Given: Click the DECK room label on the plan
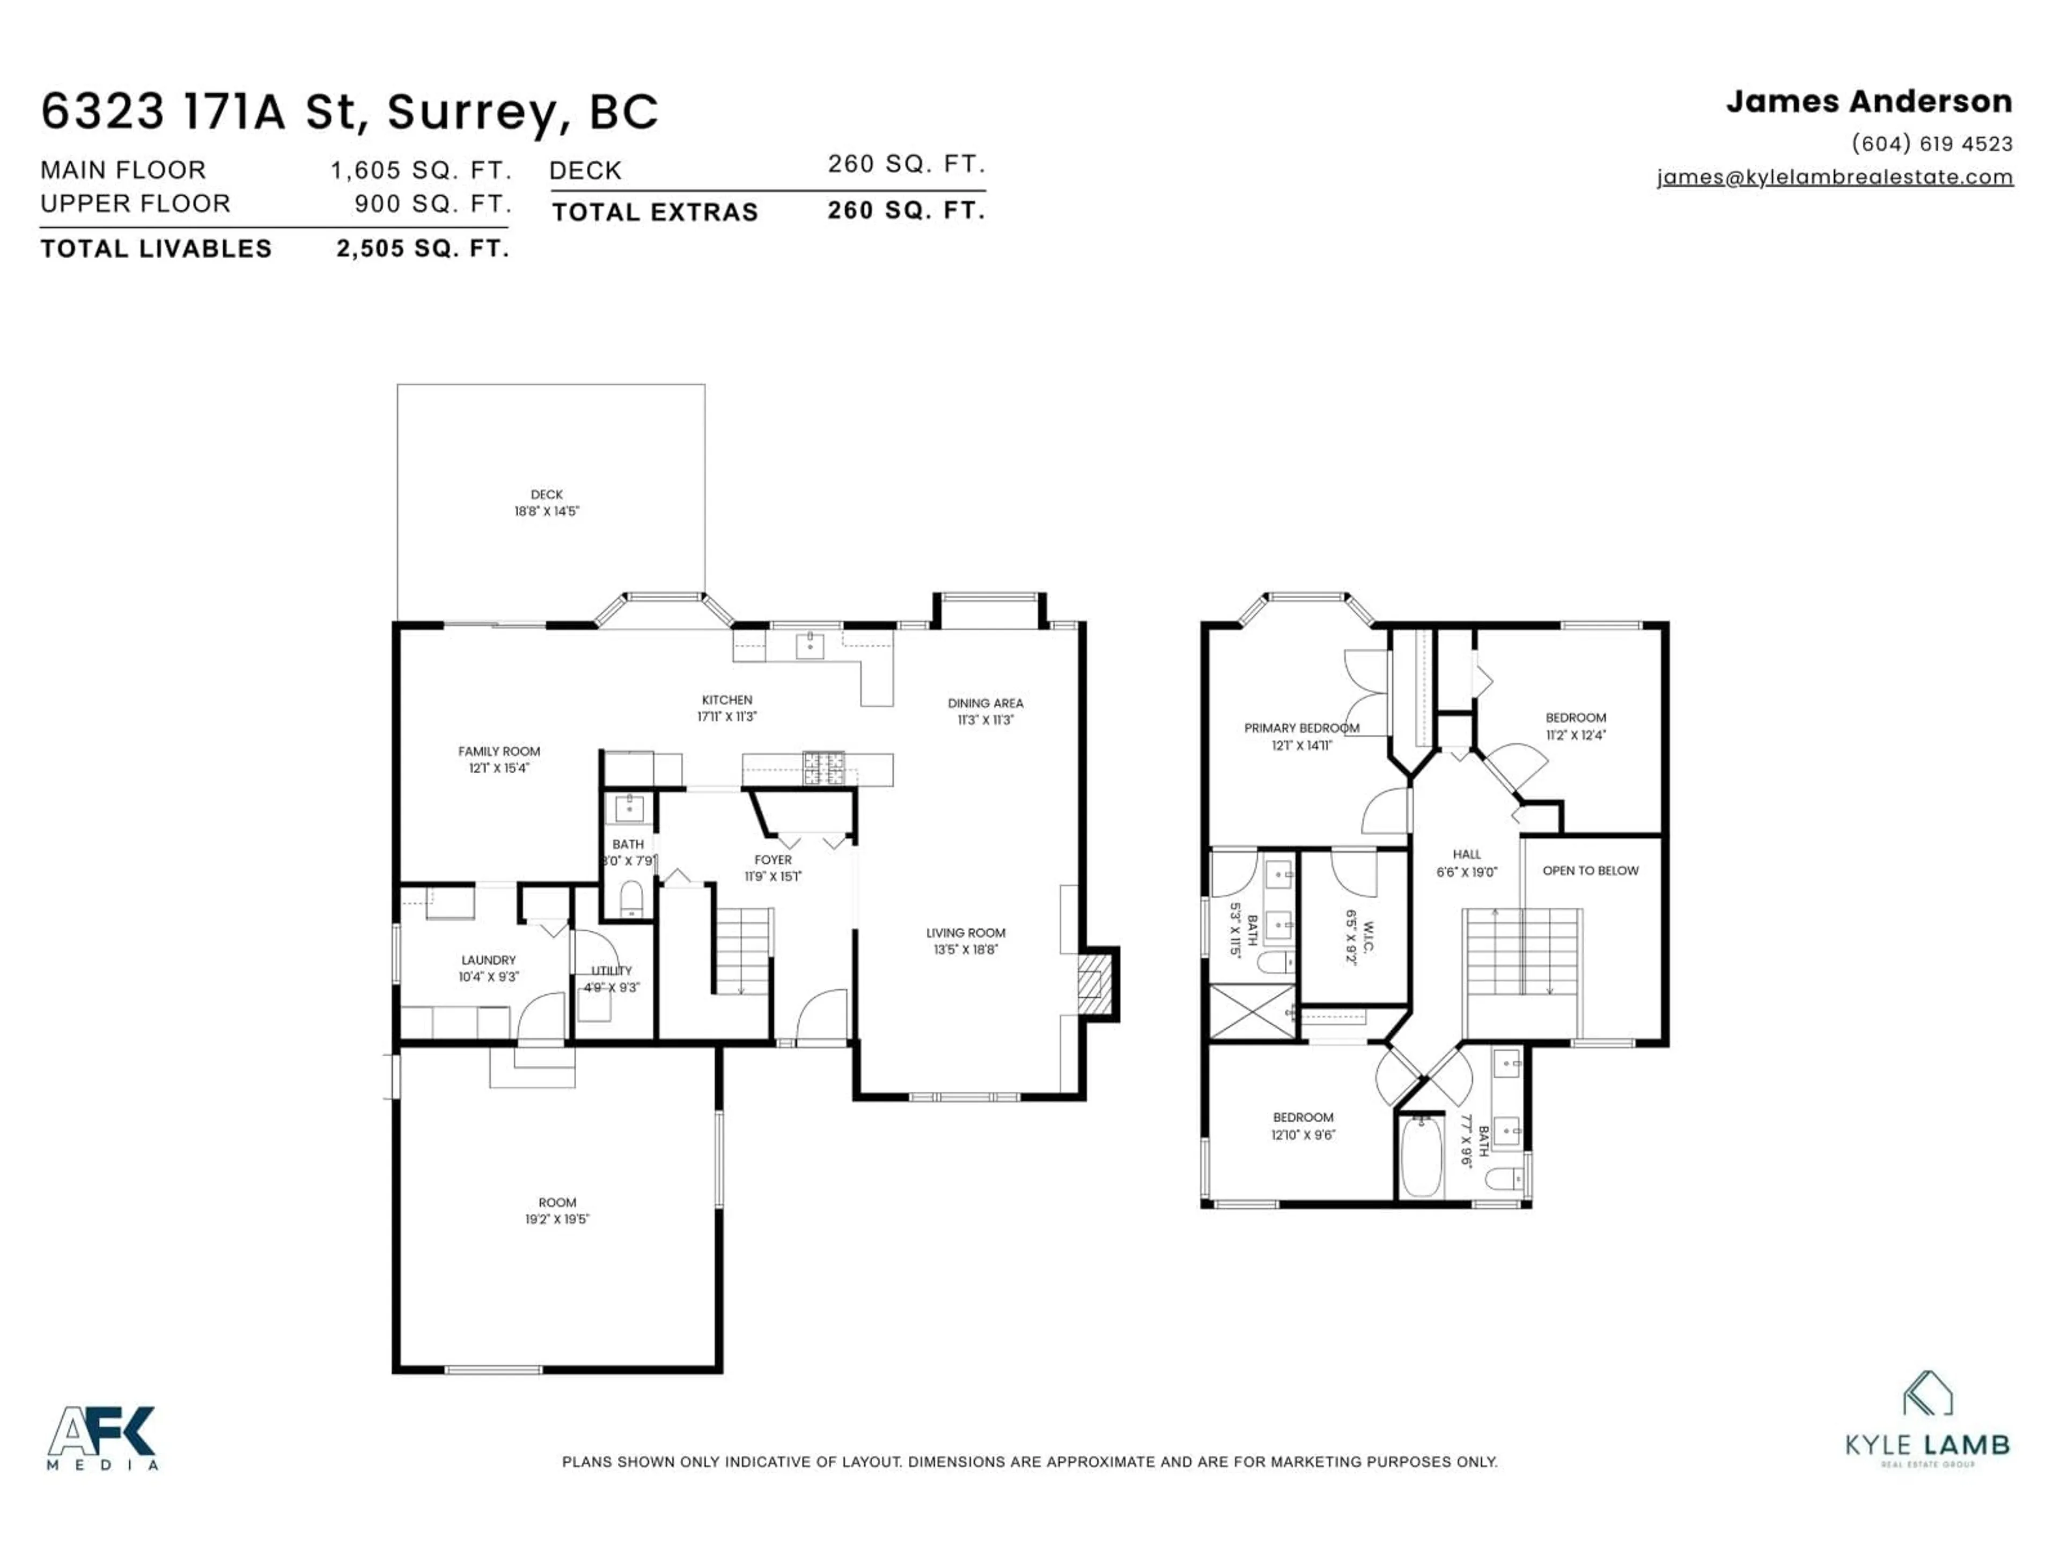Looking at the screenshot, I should pyautogui.click(x=547, y=495).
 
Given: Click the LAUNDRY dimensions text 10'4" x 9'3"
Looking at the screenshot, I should pyautogui.click(x=488, y=977).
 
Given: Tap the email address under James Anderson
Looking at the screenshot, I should pyautogui.click(x=1835, y=177).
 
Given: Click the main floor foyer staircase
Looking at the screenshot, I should pyautogui.click(x=742, y=951).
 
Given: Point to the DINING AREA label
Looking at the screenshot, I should pyautogui.click(x=985, y=703).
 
